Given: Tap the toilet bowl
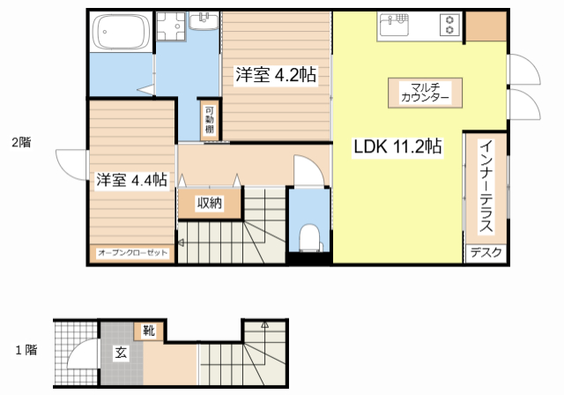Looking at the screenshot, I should [x=309, y=237].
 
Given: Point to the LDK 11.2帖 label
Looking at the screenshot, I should [x=398, y=147].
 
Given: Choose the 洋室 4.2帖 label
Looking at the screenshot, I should [x=276, y=76].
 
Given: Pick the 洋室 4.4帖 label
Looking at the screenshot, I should [x=131, y=180].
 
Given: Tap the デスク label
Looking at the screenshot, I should [x=486, y=253].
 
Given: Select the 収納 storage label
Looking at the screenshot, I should [x=209, y=204].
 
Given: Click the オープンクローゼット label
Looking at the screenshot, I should [x=132, y=254].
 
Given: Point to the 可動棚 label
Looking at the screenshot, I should [x=209, y=118].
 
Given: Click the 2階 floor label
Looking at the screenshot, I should [x=20, y=141].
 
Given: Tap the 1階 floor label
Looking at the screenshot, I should [x=26, y=350].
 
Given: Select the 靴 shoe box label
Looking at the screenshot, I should [x=148, y=332].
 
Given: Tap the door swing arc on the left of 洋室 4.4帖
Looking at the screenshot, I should [x=70, y=164].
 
